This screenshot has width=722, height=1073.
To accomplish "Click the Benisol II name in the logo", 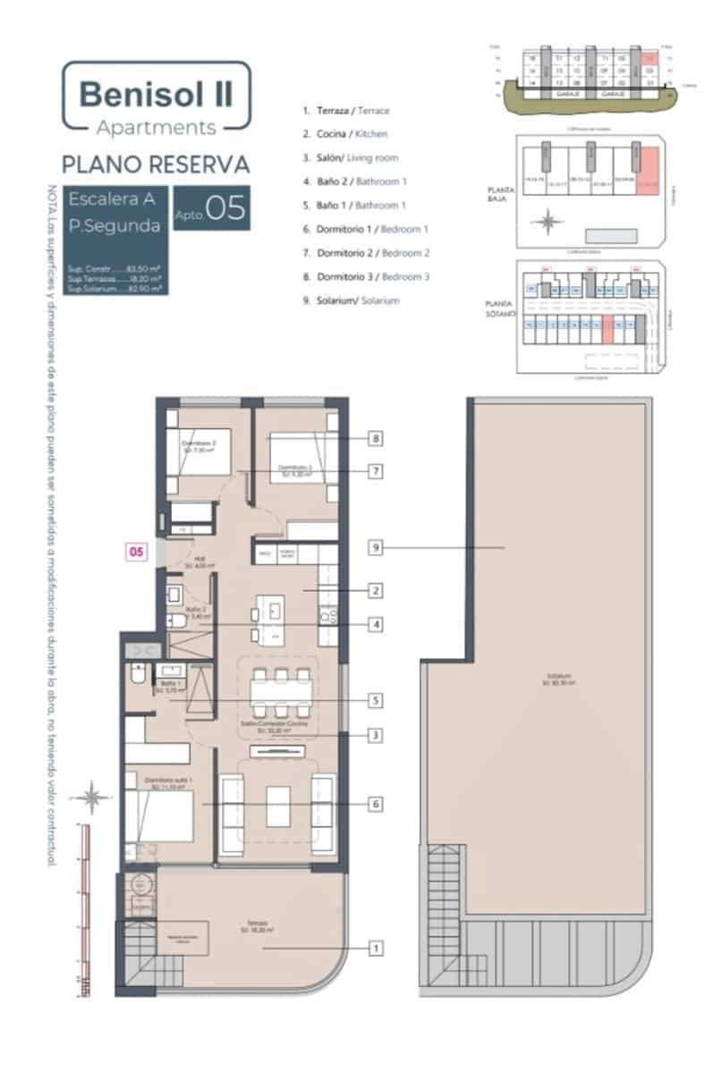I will click(155, 93).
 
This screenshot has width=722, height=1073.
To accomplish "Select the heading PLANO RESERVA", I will click(155, 165).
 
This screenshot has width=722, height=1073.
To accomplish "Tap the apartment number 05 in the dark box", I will click(225, 209).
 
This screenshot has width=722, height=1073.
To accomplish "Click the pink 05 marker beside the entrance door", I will click(135, 552).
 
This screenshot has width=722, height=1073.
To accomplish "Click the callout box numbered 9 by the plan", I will click(377, 548).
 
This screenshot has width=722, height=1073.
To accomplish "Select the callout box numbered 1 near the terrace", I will click(377, 947).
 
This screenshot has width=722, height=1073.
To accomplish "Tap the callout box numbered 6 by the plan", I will click(377, 805).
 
